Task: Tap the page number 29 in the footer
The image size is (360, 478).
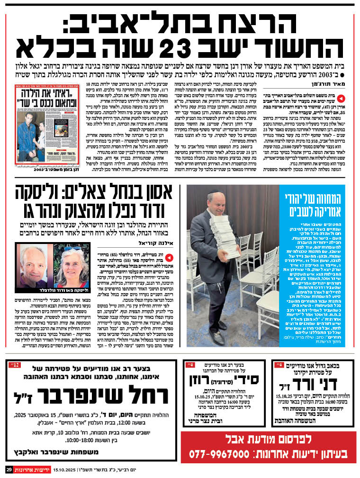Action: coord(9,469)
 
